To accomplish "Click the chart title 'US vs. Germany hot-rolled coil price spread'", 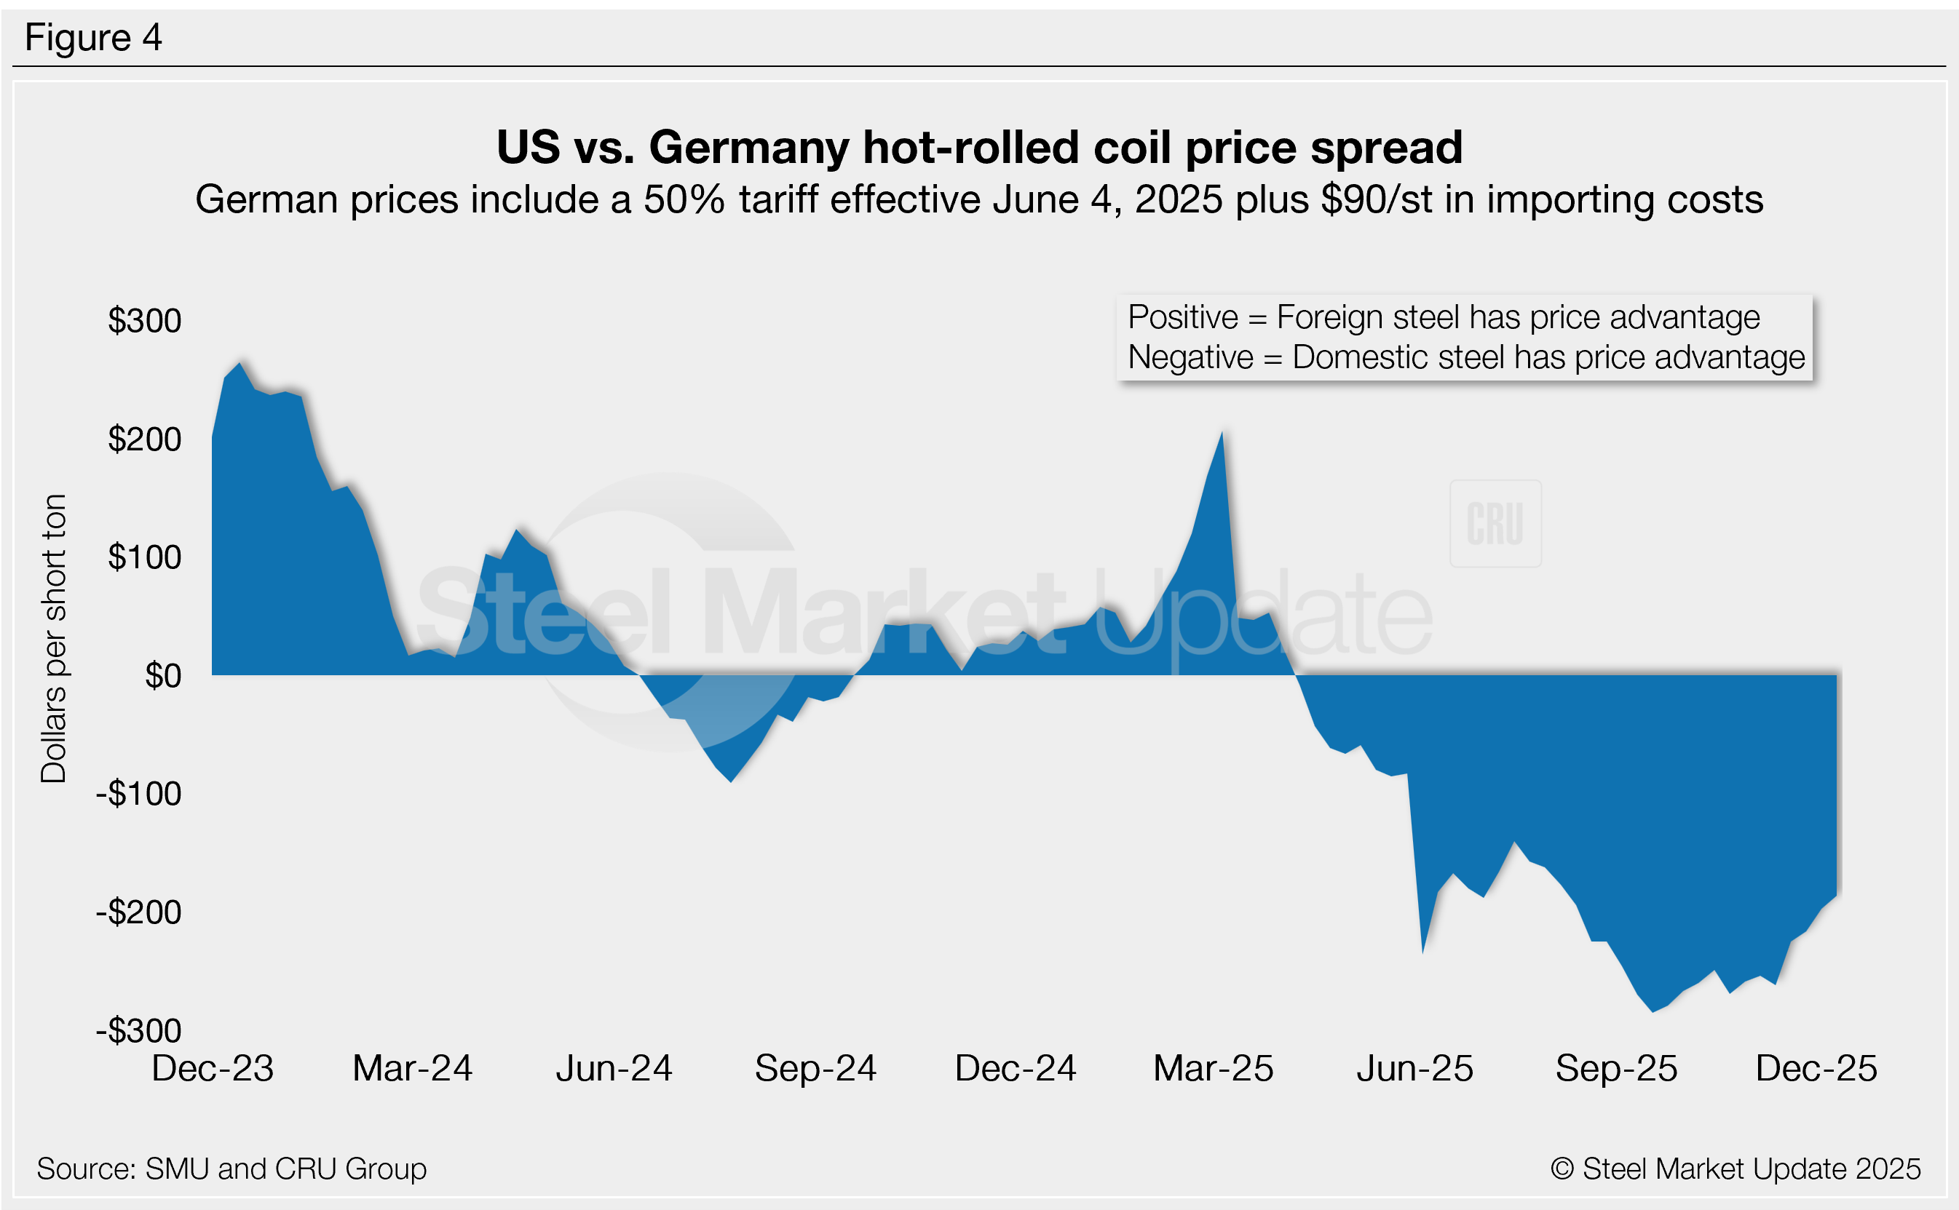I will (x=979, y=147).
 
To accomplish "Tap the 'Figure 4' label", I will (x=93, y=38).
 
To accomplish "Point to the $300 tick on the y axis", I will (x=144, y=321).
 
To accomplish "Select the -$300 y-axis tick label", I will (x=138, y=1031).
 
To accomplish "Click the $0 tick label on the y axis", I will (x=162, y=676).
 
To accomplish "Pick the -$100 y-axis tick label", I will (x=138, y=794).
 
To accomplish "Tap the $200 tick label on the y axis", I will (x=144, y=439).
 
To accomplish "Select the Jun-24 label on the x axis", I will (x=613, y=1069).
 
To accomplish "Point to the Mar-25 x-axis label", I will (x=1213, y=1069).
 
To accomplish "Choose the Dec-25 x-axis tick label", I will (x=1816, y=1069).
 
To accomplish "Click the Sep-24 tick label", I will (x=815, y=1069).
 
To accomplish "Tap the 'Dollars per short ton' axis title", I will (x=54, y=639).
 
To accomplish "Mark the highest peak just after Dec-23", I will (x=240, y=363).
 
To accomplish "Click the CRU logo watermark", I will (x=1495, y=524).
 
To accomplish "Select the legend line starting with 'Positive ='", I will (x=1443, y=318).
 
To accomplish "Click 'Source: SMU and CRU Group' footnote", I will (x=231, y=1169).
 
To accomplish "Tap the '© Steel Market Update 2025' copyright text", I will (x=1735, y=1169).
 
